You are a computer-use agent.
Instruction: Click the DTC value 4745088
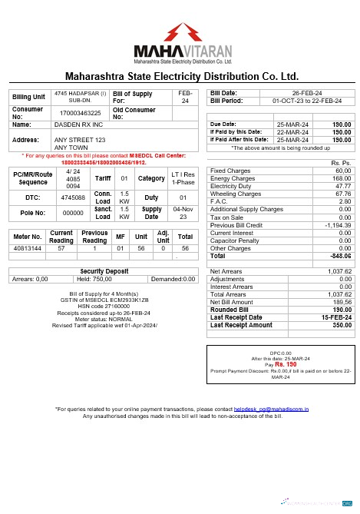coord(72,197)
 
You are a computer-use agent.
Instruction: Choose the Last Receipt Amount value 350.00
coord(339,325)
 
